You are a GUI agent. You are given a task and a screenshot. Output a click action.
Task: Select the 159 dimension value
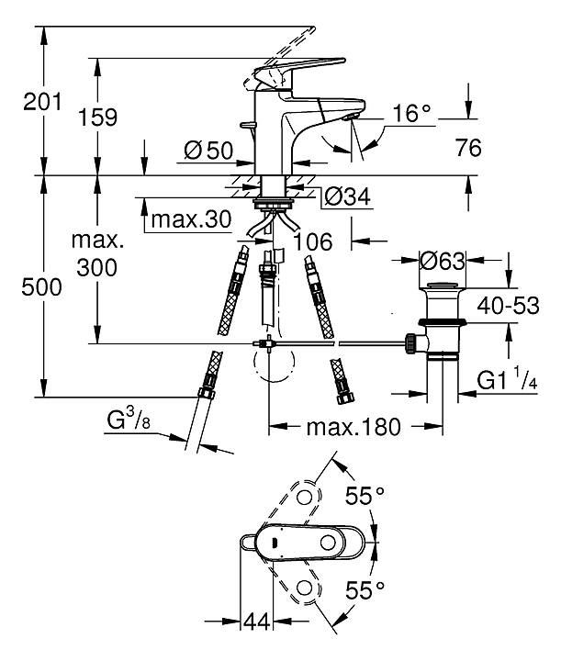98,118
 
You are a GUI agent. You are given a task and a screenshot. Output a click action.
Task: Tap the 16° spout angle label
412,113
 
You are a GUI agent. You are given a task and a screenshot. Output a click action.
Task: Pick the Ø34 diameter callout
346,195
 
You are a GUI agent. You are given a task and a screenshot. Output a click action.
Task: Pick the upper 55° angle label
364,496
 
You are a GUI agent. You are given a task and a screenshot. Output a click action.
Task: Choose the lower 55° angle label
364,588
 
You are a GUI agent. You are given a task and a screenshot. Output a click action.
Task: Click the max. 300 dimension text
98,254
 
